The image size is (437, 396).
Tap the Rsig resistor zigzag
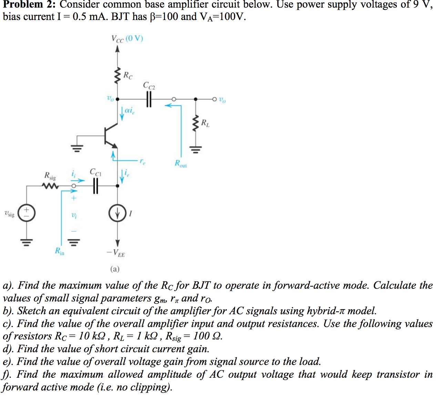(50, 186)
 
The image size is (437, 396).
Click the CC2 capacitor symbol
(149, 99)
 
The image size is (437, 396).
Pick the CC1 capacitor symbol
(95, 186)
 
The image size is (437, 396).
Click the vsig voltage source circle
(27, 213)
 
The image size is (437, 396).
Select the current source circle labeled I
(118, 214)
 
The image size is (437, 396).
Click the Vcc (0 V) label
(127, 39)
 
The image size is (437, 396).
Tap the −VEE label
(116, 254)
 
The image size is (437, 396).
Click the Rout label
(181, 164)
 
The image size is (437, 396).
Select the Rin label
(60, 251)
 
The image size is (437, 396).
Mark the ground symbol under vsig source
(27, 241)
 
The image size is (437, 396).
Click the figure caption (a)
(115, 269)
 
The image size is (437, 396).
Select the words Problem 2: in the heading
(30, 5)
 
